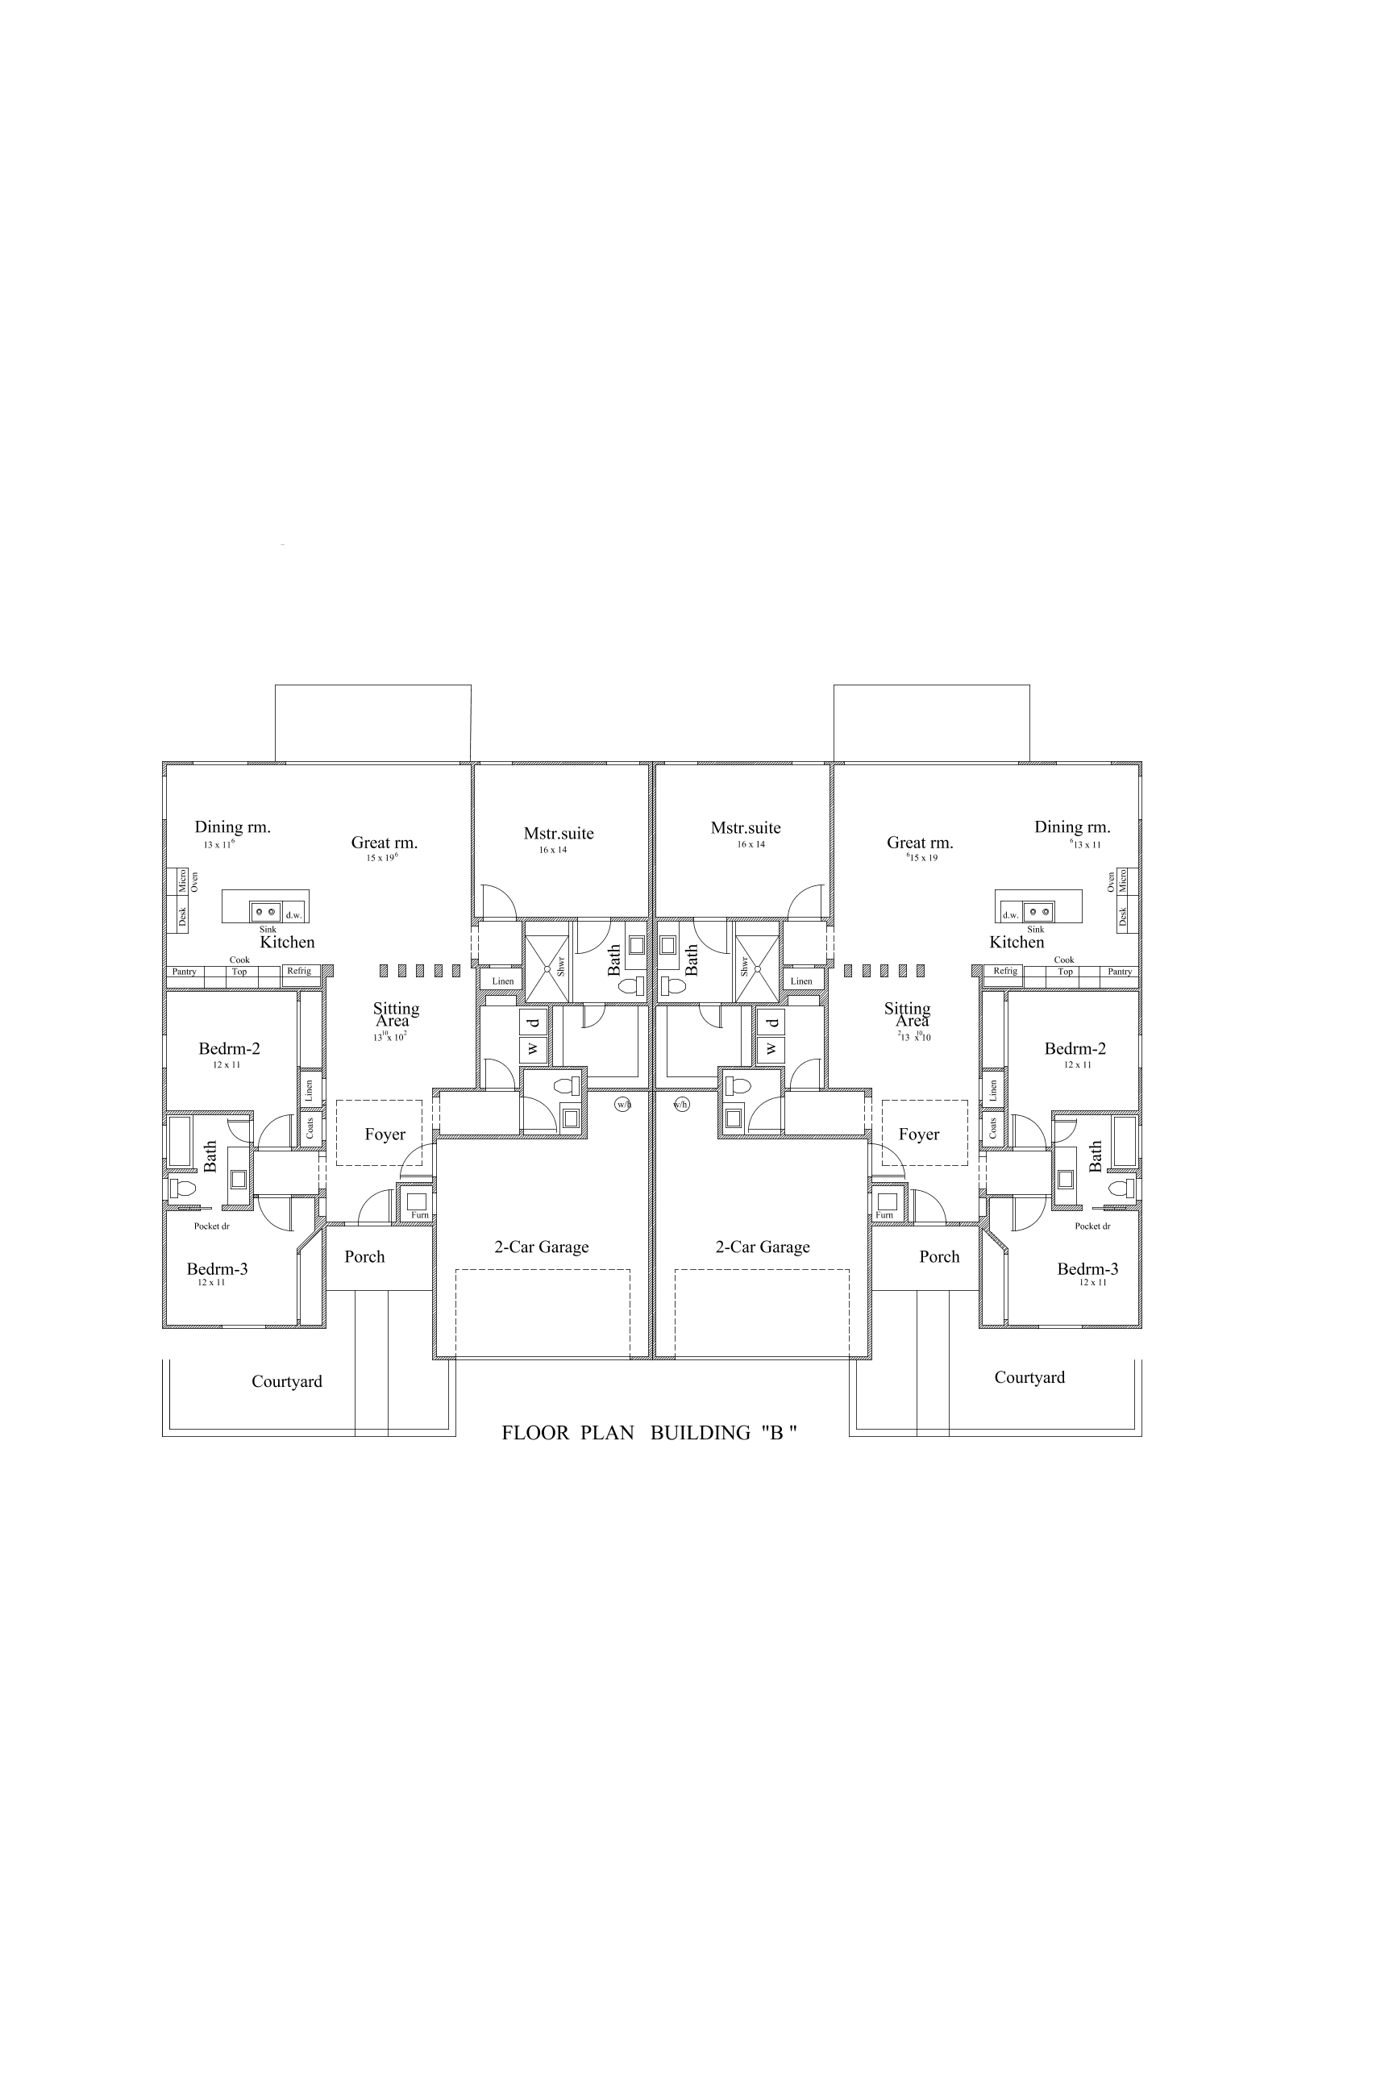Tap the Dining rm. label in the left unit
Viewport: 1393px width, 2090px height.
(233, 826)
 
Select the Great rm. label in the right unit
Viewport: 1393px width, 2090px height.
(920, 843)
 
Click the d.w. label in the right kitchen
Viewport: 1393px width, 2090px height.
(1010, 915)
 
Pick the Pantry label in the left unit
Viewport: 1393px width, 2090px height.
(184, 972)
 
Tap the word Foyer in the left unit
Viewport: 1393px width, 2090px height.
(385, 1134)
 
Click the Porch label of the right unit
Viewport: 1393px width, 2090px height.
(939, 1256)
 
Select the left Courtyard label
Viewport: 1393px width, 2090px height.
(286, 1381)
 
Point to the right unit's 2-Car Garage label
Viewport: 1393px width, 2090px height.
(763, 1247)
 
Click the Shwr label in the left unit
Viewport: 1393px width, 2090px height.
(560, 966)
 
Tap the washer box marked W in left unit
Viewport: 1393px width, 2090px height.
(533, 1050)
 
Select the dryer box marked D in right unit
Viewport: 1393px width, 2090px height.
(770, 1022)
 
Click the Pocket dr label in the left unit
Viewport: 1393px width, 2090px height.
(211, 1226)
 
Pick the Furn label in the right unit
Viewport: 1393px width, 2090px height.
(884, 1214)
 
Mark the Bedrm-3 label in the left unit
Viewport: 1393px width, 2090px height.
(217, 1269)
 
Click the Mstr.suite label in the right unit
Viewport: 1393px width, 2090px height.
(746, 827)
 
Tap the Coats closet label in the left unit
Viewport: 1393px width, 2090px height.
(310, 1129)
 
